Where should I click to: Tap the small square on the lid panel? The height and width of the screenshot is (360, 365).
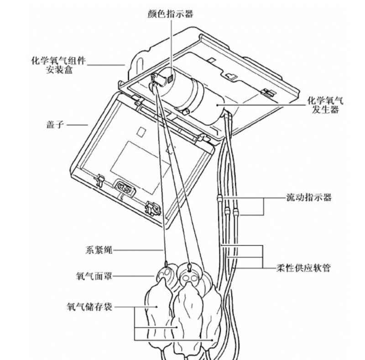[141, 131]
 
